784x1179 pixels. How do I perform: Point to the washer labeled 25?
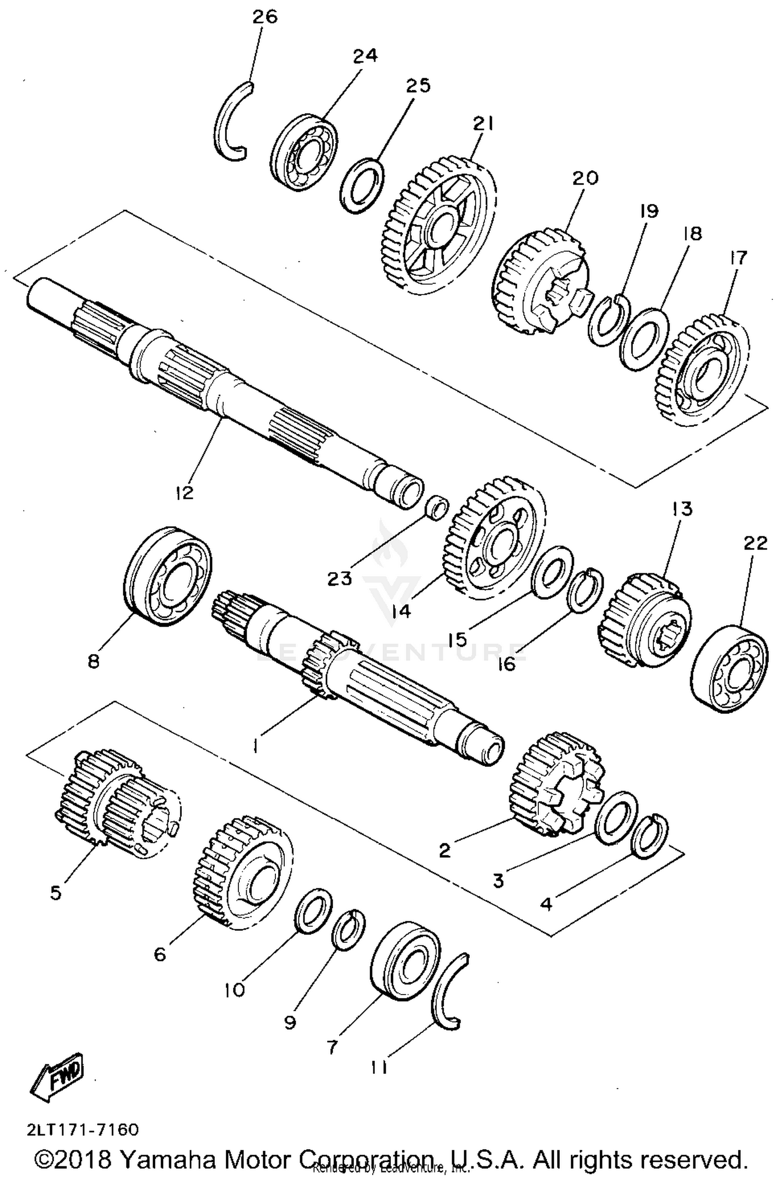(362, 185)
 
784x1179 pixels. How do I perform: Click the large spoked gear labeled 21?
(439, 225)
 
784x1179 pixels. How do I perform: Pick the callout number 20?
(585, 178)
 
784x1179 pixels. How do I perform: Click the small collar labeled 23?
(437, 506)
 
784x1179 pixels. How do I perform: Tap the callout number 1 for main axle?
(255, 748)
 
